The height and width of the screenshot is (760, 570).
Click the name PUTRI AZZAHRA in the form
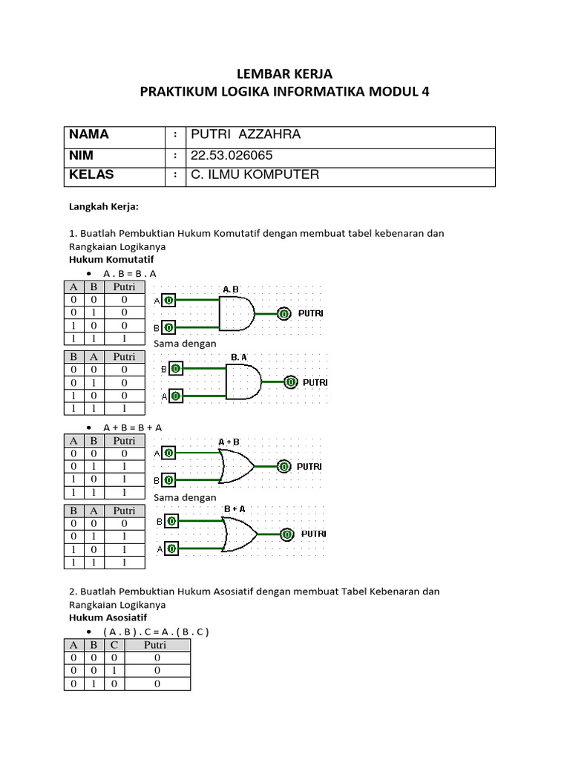(x=246, y=134)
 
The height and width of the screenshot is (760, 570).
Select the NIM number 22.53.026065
(x=232, y=155)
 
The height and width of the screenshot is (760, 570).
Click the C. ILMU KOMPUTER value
(x=255, y=174)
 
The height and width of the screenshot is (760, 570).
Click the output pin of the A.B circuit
(x=284, y=313)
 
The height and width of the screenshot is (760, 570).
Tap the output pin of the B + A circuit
(x=287, y=534)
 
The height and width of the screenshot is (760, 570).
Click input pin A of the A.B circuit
(x=169, y=301)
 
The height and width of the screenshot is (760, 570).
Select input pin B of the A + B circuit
(x=169, y=480)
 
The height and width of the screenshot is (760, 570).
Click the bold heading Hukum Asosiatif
(x=108, y=617)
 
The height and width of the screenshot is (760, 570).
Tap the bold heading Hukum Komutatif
(x=111, y=260)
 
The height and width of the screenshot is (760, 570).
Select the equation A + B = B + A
(x=133, y=427)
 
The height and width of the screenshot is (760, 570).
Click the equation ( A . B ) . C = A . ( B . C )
(x=157, y=632)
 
